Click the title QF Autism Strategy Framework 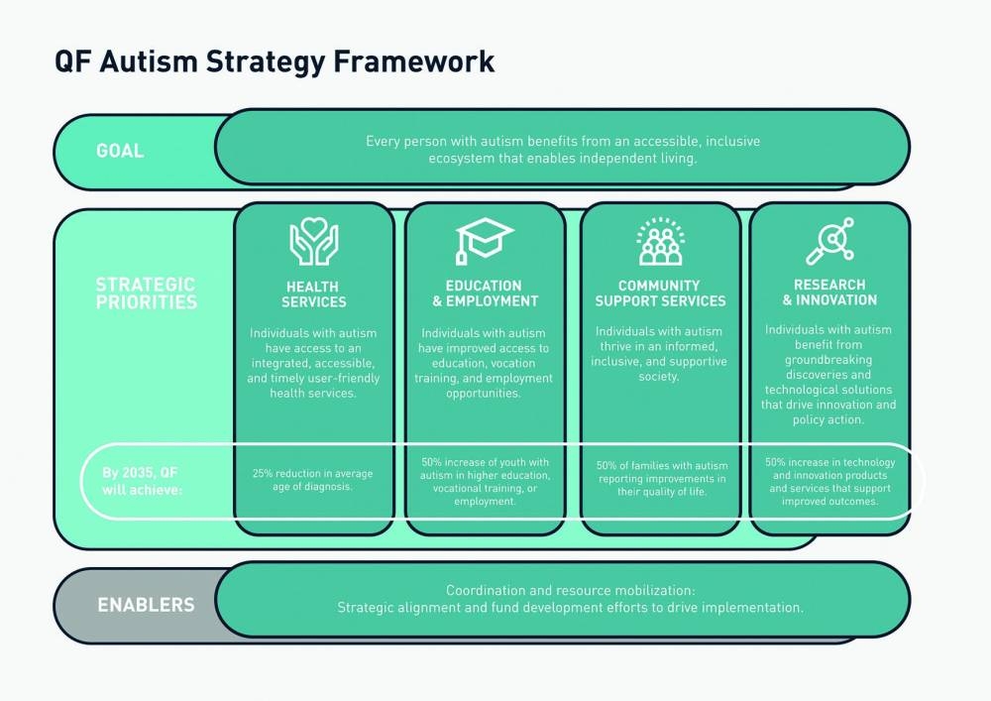[x=275, y=61]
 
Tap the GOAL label [x=120, y=151]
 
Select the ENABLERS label [x=146, y=604]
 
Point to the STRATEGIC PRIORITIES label [x=146, y=293]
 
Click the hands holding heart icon [x=314, y=241]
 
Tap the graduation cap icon [x=485, y=241]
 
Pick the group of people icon [x=660, y=241]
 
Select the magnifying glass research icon [x=829, y=241]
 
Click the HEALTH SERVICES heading [x=314, y=293]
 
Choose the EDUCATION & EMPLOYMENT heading [x=485, y=293]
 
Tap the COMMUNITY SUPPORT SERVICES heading [x=660, y=293]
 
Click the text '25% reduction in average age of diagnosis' [x=314, y=480]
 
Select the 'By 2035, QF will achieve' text [x=143, y=480]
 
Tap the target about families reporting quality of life [x=660, y=479]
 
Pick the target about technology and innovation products [x=829, y=481]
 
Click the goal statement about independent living [x=562, y=150]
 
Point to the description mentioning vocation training [x=485, y=363]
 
